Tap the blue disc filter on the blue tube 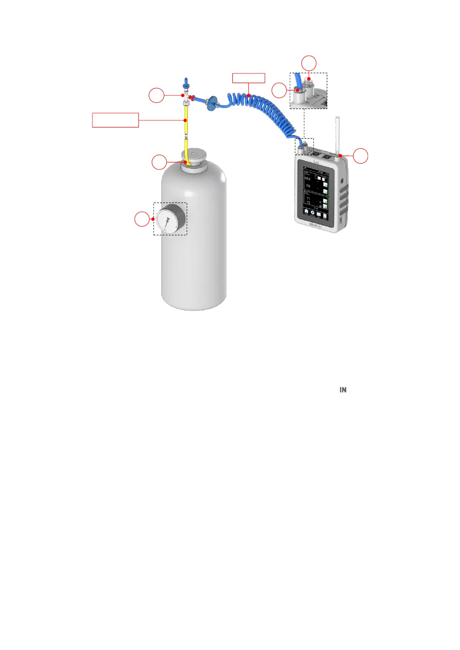click(211, 103)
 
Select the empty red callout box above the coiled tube click(249, 78)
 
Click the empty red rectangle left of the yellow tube click(115, 120)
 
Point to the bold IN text click(343, 390)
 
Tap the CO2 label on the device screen click(308, 179)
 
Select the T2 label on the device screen click(308, 203)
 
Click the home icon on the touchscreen click(306, 212)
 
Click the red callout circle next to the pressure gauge click(142, 219)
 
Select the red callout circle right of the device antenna click(361, 156)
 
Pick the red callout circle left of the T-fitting click(157, 95)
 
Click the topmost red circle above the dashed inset click(309, 63)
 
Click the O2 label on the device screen click(308, 186)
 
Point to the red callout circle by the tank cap click(159, 162)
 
